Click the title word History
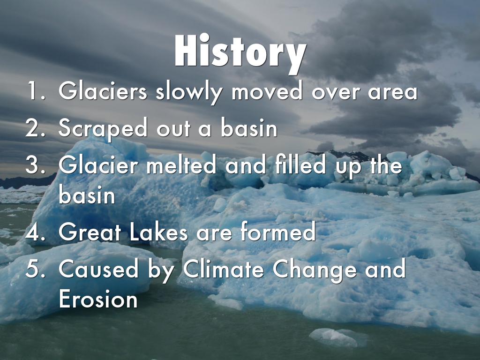pyautogui.click(x=240, y=52)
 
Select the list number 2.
pyautogui.click(x=36, y=127)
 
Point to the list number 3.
pyautogui.click(x=36, y=165)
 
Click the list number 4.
pyautogui.click(x=36, y=232)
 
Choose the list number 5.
pyautogui.click(x=36, y=269)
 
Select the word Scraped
pyautogui.click(x=103, y=128)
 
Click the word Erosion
pyautogui.click(x=98, y=299)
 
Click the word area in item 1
pyautogui.click(x=392, y=92)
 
